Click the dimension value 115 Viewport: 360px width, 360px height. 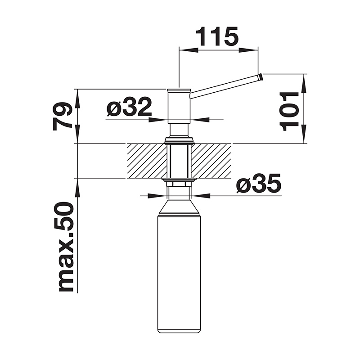click(x=217, y=36)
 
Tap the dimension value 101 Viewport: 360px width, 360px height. click(x=289, y=111)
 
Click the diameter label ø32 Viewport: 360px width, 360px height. click(x=129, y=107)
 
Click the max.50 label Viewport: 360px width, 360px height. click(x=66, y=247)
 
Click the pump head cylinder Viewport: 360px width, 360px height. click(x=179, y=106)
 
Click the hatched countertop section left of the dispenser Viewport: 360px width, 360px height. click(x=147, y=161)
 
